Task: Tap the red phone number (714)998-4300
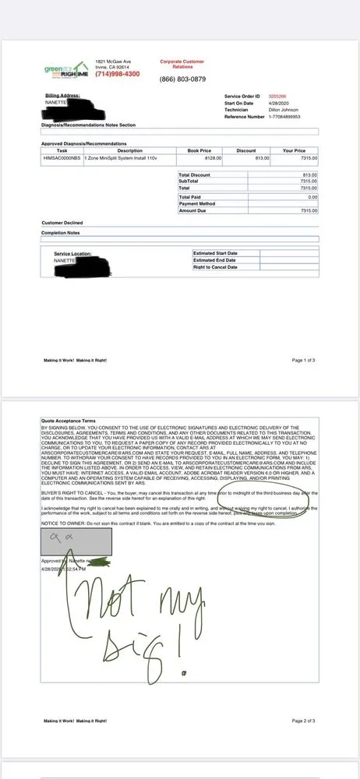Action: click(x=117, y=74)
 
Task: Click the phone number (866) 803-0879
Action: click(x=182, y=79)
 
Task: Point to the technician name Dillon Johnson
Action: click(x=284, y=110)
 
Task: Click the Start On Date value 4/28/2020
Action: click(x=277, y=103)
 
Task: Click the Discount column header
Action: click(x=245, y=150)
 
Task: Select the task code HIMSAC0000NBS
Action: click(x=62, y=157)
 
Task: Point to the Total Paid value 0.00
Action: click(x=312, y=197)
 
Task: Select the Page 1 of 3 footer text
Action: click(x=303, y=361)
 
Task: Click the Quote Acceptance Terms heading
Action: click(x=73, y=420)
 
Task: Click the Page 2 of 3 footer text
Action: click(x=303, y=721)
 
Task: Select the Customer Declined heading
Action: click(x=63, y=223)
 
